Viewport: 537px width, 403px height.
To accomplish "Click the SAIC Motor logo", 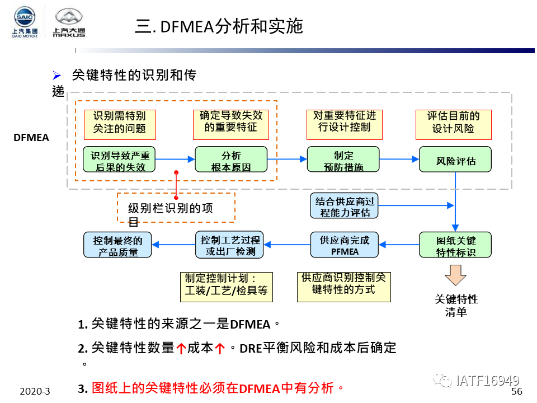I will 25,23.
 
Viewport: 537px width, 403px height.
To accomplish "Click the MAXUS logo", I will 69,23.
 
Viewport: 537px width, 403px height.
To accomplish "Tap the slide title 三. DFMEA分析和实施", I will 219,26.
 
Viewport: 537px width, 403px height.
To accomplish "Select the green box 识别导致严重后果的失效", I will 119,160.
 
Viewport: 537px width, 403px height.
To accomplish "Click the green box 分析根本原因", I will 231,160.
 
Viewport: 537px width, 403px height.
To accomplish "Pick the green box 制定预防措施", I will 343,160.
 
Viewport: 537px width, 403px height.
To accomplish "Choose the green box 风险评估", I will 455,160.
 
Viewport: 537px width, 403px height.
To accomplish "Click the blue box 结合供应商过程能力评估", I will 344,206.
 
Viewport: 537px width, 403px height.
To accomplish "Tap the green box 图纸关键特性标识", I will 455,245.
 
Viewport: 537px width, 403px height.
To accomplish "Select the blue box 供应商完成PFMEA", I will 344,245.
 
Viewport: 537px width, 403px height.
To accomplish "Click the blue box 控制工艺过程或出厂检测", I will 230,245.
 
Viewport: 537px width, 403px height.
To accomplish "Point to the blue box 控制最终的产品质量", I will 118,245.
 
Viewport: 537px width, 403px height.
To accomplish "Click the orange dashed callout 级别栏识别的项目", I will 176,208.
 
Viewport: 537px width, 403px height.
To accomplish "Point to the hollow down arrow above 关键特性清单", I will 455,275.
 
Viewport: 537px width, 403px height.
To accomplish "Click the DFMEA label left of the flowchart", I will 31,137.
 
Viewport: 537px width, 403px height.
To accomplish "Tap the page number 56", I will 516,391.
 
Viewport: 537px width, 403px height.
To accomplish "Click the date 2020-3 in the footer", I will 35,391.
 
